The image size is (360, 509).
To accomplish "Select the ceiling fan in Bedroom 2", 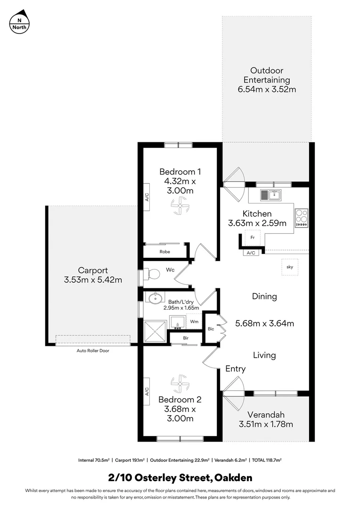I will tap(180, 383).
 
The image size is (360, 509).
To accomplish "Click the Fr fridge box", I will tap(252, 237).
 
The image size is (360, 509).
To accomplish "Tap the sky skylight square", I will tap(289, 267).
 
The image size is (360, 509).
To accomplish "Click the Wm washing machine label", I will tap(194, 321).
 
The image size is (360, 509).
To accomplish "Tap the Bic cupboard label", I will tap(211, 328).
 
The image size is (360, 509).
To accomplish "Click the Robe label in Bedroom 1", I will tap(164, 252).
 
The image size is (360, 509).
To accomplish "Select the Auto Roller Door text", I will tap(93, 351).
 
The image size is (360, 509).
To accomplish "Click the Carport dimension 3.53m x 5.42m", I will tap(93, 280).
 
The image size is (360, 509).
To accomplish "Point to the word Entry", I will tap(235, 369).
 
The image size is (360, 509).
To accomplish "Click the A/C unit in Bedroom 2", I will tap(147, 391).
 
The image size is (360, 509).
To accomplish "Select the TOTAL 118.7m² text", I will tap(269, 460).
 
